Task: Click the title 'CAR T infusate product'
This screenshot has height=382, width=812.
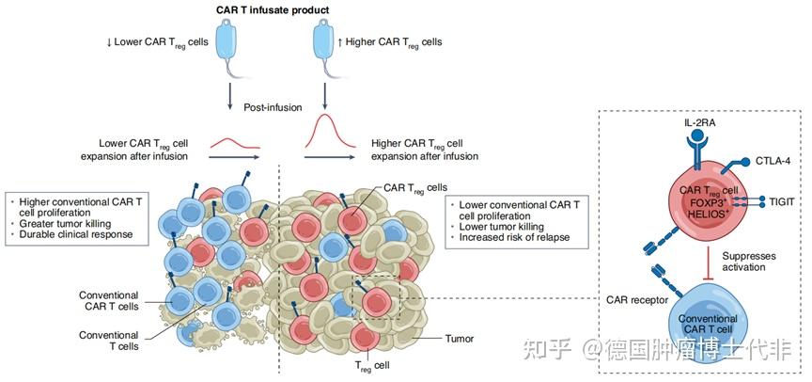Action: pos(273,10)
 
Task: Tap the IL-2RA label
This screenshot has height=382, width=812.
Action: pos(696,122)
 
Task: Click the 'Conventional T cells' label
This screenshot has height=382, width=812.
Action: pos(109,340)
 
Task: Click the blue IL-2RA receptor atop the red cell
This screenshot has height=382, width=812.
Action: pos(696,146)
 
